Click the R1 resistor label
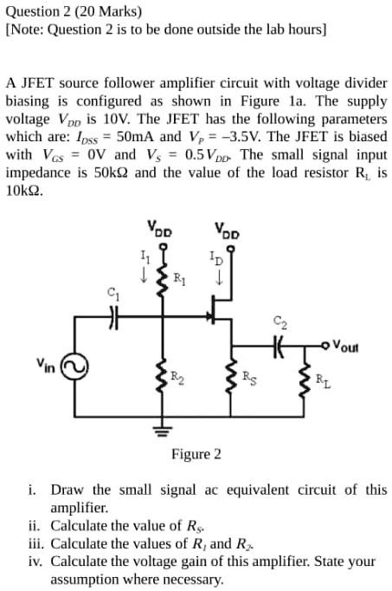click(178, 278)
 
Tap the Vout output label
click(350, 342)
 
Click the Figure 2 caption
click(196, 454)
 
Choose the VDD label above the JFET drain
click(228, 231)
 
